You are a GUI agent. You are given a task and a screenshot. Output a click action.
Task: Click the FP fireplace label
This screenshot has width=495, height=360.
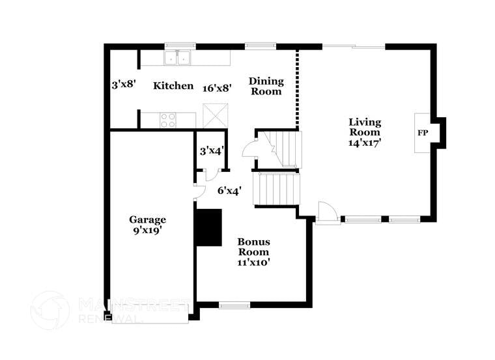click(423, 133)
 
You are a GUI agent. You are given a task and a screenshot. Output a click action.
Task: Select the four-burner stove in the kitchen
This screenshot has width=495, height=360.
click(168, 120)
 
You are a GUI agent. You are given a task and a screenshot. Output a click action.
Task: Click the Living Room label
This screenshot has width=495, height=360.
click(365, 126)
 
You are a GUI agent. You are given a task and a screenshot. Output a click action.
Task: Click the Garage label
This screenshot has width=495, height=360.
click(147, 219)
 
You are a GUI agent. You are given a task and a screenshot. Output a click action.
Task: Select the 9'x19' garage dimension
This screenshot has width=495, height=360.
click(147, 230)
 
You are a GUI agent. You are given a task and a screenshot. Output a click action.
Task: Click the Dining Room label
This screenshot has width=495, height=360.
click(266, 86)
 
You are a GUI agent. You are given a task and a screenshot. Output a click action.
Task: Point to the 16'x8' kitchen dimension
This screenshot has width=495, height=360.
click(217, 87)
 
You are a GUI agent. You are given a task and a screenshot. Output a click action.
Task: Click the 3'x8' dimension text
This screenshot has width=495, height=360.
click(122, 84)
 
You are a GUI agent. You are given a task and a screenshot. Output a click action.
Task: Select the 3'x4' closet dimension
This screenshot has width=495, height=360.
click(212, 150)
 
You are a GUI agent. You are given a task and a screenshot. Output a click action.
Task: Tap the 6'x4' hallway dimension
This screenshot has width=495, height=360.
click(230, 191)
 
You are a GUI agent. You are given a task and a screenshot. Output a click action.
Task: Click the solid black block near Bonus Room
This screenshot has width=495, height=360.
click(209, 227)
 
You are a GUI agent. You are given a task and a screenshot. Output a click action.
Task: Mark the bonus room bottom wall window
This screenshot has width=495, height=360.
click(234, 305)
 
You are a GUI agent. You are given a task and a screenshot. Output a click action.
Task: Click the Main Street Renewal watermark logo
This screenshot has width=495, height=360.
click(50, 311)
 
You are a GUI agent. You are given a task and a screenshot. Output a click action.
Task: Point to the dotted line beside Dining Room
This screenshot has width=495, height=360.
click(298, 88)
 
